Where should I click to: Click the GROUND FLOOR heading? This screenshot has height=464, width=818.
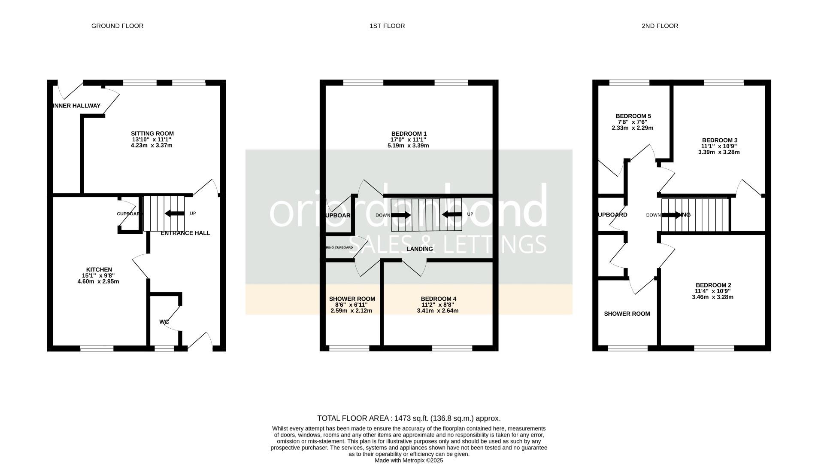117,26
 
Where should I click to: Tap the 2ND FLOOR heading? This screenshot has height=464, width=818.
660,26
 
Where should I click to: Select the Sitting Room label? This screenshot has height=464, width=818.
152,134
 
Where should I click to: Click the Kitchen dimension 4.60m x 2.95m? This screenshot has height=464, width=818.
98,282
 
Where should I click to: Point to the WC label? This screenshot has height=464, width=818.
164,322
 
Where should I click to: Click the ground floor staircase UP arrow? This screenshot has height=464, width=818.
174,214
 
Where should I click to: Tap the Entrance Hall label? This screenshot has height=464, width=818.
185,233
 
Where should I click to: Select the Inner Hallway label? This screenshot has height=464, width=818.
76,106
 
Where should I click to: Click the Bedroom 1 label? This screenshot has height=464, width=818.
409,134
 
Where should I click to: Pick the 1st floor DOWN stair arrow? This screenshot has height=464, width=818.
401,215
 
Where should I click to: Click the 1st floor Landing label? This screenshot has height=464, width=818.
419,249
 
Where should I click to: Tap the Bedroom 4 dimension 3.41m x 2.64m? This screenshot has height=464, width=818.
438,311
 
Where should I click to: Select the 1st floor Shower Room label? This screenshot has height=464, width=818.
352,299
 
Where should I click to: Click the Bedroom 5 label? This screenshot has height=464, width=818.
633,116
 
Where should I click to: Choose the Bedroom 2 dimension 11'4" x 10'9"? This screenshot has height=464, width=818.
713,291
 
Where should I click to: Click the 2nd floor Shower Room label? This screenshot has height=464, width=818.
627,314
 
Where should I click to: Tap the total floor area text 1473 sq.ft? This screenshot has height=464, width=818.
409,418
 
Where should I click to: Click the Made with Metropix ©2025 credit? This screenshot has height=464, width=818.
409,460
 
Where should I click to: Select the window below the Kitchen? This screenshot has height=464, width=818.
97,348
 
